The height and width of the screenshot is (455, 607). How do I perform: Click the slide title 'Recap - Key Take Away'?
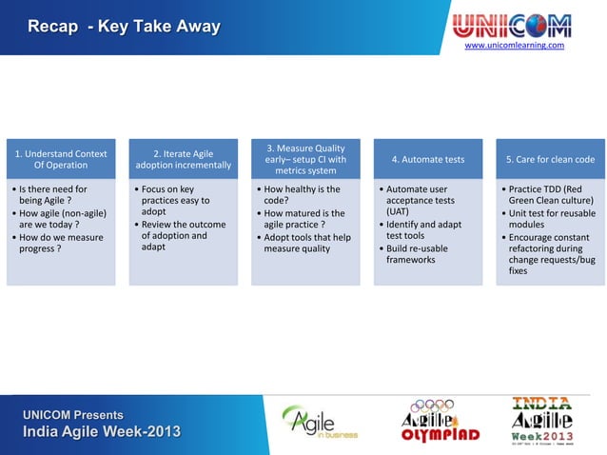click(x=124, y=26)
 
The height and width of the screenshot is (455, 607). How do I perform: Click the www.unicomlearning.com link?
click(x=514, y=45)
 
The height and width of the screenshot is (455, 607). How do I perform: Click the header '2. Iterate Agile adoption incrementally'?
click(x=183, y=159)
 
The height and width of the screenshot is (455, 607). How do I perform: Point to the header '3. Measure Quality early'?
click(x=304, y=159)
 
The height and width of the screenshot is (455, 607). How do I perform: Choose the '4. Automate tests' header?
click(x=427, y=159)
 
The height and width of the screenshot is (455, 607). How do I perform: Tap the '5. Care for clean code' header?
click(x=549, y=159)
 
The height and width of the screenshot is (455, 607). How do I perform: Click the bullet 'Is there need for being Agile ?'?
click(x=55, y=195)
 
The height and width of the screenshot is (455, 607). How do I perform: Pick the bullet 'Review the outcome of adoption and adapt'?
click(x=182, y=236)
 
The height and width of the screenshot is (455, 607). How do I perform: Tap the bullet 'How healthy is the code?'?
click(x=302, y=195)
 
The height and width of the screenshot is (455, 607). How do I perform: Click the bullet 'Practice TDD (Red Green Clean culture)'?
click(x=553, y=195)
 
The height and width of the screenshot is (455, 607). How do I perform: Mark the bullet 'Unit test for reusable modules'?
click(x=553, y=219)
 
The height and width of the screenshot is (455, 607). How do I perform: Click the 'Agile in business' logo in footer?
click(x=319, y=422)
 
